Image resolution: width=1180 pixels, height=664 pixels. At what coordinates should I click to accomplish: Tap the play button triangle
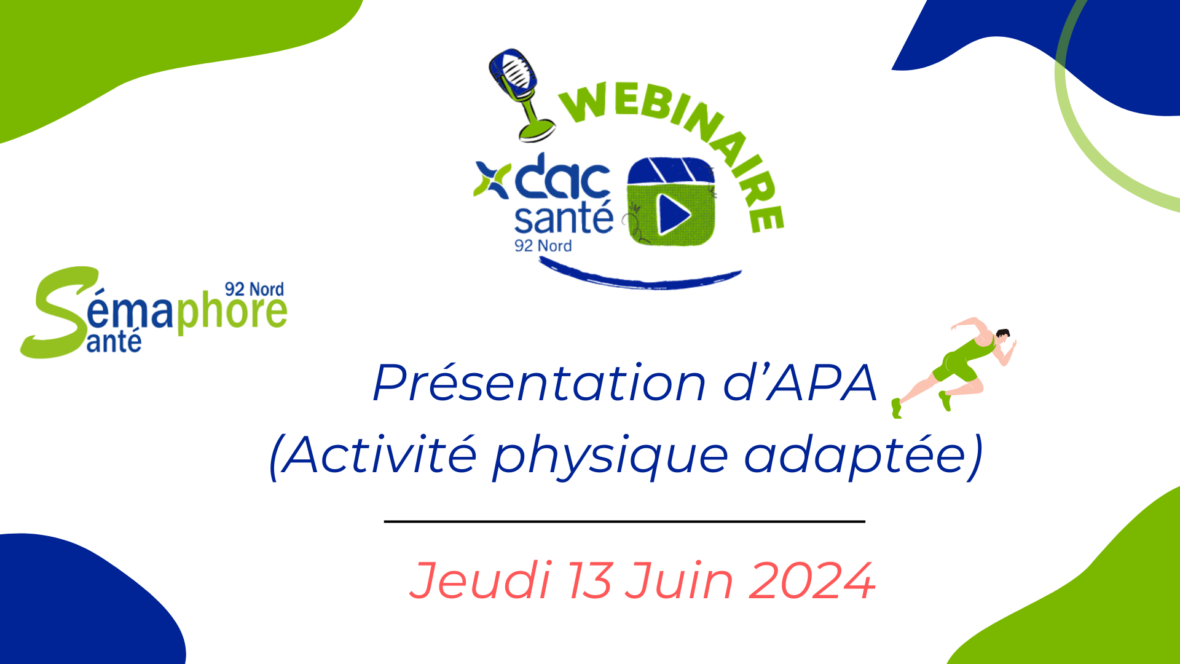tap(674, 215)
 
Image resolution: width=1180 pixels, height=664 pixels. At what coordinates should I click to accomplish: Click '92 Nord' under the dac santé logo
tap(543, 246)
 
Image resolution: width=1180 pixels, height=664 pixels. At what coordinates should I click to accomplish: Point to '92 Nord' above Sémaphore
tap(254, 289)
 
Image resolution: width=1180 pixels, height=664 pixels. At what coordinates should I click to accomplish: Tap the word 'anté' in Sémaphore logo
tap(114, 341)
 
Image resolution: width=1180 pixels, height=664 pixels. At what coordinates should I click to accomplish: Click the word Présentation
tap(539, 383)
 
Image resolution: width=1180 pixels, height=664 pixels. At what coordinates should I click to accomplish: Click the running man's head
tap(1002, 337)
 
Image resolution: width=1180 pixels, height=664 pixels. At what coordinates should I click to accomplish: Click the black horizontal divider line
tap(624, 521)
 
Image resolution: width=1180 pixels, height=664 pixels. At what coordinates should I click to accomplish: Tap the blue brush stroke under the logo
tap(639, 278)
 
